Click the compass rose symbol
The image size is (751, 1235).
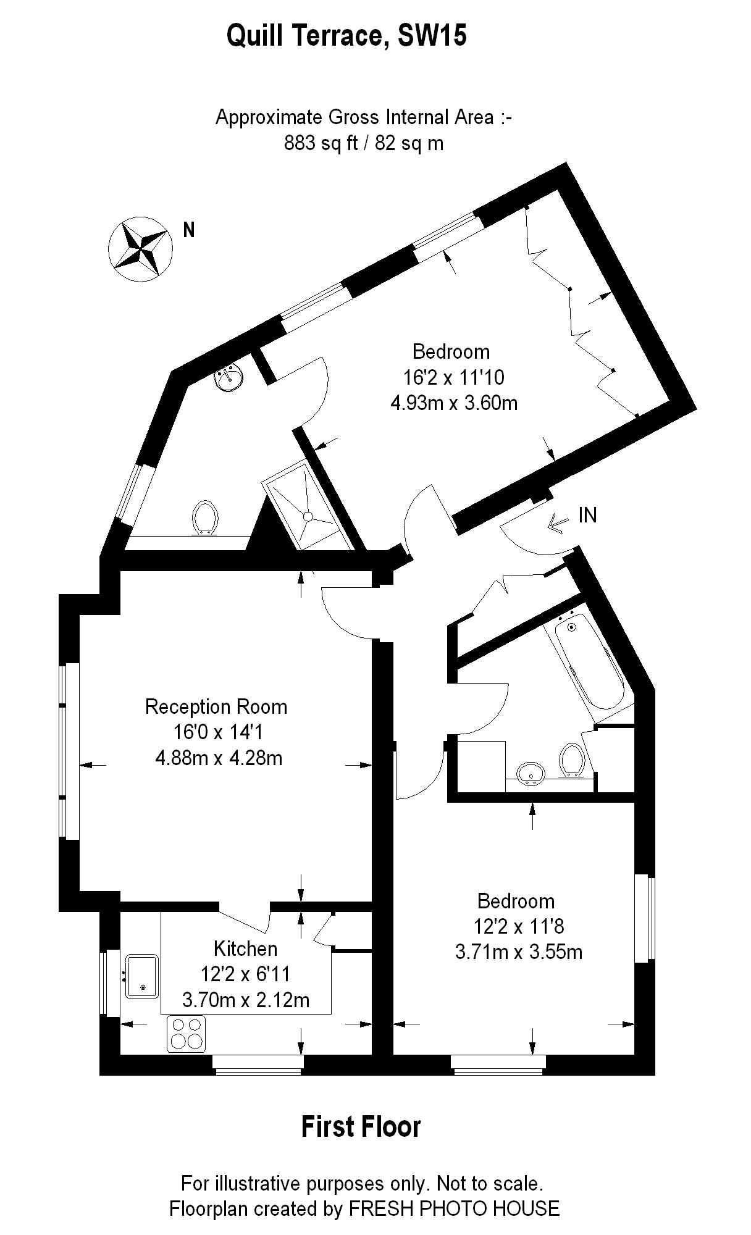[x=140, y=250]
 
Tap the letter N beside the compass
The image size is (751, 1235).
[x=189, y=230]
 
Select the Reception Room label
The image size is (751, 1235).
[x=216, y=706]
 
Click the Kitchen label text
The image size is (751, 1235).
[x=245, y=948]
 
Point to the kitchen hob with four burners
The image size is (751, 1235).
[x=186, y=1033]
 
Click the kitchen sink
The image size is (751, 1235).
[x=143, y=976]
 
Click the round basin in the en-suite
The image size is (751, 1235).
[x=229, y=377]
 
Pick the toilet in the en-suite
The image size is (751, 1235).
[x=206, y=517]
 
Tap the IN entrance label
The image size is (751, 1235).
[x=587, y=514]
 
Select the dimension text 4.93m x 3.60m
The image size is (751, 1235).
[x=454, y=403]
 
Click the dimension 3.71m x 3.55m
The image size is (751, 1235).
[x=518, y=952]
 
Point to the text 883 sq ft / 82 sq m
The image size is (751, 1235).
[x=364, y=143]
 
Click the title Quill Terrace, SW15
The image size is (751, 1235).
[x=346, y=36]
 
